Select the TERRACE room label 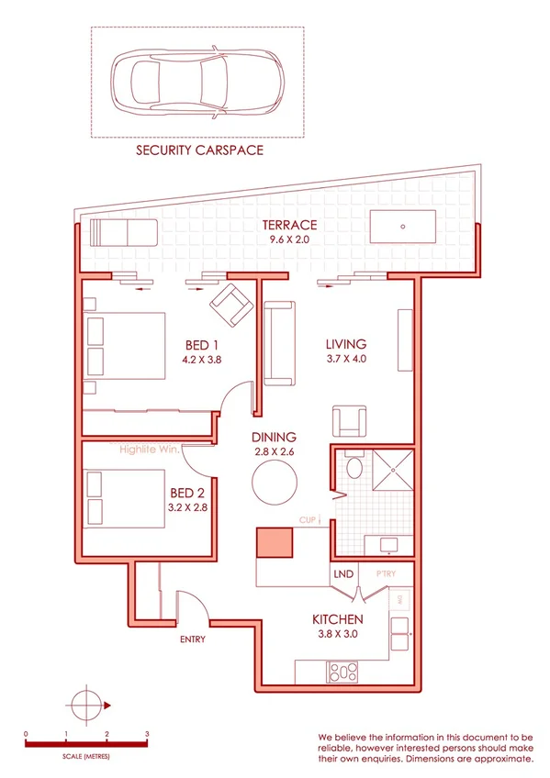(289, 225)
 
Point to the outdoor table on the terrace (404, 226)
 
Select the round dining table (275, 480)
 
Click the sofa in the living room (280, 343)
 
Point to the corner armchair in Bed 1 (230, 306)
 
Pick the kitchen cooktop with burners (342, 673)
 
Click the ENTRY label (193, 639)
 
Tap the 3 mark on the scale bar (147, 734)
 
